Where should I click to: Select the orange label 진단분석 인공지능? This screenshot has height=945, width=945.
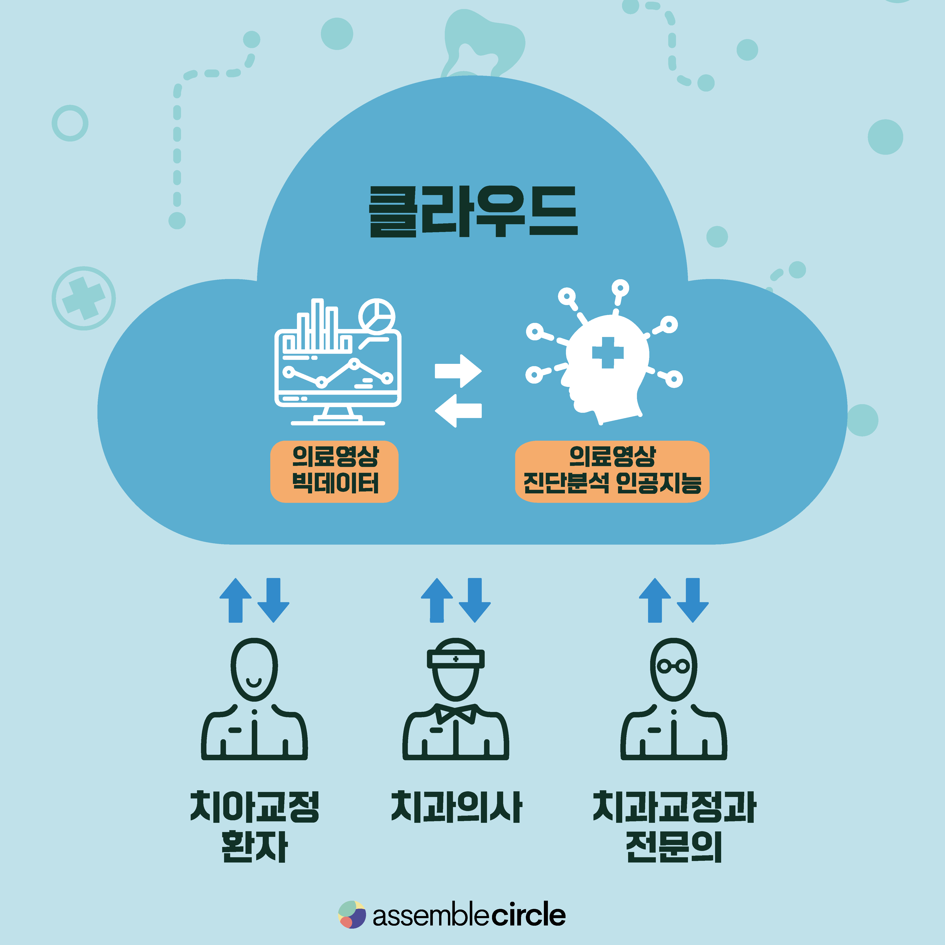[612, 471]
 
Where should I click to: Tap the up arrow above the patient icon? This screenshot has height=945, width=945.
[236, 600]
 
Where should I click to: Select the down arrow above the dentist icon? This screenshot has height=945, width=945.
[474, 600]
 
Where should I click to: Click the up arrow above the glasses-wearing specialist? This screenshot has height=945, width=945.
[655, 600]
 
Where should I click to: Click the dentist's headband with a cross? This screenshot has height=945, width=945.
[455, 659]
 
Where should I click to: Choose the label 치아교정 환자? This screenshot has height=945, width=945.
[254, 827]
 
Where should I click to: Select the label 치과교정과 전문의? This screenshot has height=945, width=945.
[674, 827]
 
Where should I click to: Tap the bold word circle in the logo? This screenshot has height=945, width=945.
[528, 915]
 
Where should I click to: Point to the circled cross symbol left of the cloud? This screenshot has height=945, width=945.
[84, 298]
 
